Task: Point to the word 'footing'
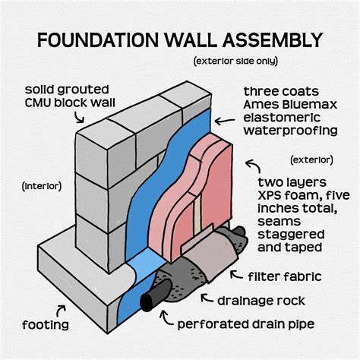coord(46,325)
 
